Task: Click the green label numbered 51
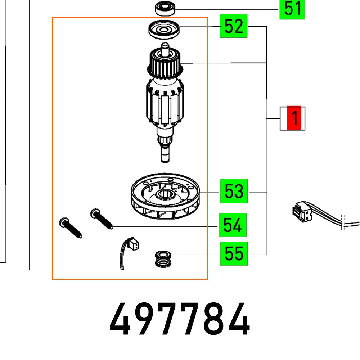click(292, 9)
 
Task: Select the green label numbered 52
click(234, 27)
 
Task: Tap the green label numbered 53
click(234, 191)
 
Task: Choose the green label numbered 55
click(234, 254)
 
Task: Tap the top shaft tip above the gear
click(165, 46)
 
